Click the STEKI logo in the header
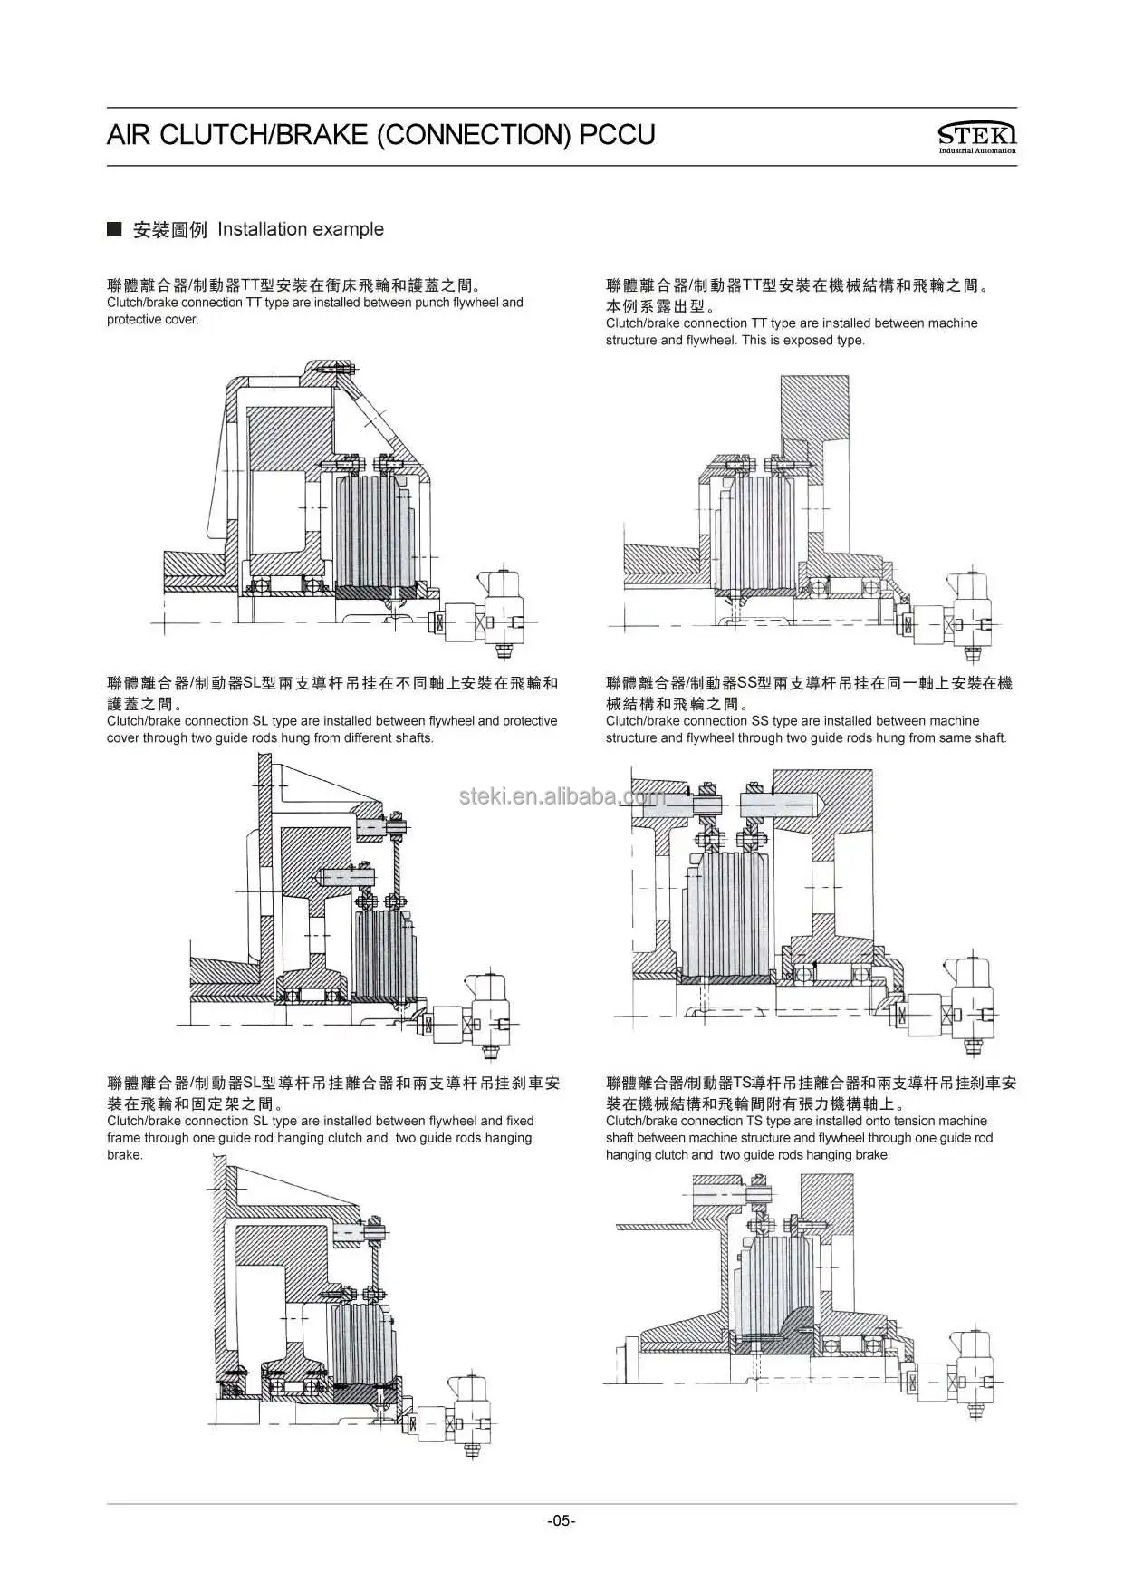(x=976, y=136)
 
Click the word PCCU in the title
(x=617, y=135)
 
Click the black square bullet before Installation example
(x=114, y=229)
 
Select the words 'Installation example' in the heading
(x=300, y=229)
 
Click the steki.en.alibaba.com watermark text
(x=562, y=796)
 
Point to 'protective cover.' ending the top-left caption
(x=152, y=320)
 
